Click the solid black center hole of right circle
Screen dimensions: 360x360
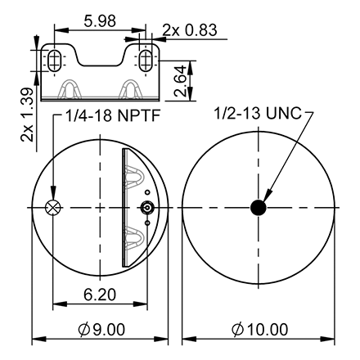259,208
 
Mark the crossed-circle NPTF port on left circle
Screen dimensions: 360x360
54,208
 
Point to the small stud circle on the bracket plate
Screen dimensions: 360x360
146,209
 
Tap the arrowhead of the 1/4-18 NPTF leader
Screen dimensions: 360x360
54,199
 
